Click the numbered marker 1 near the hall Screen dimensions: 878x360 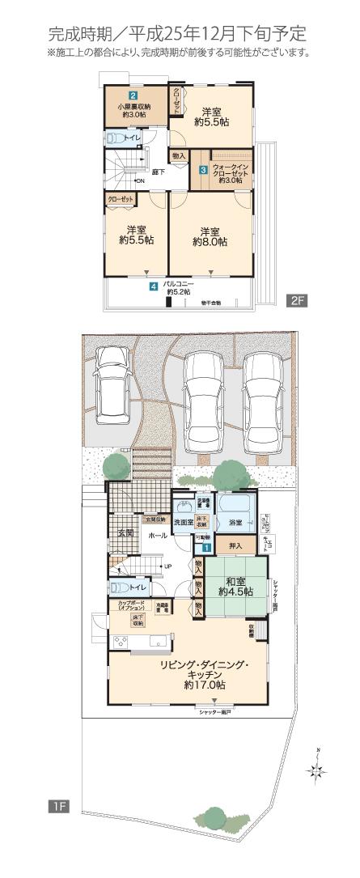coord(207,546)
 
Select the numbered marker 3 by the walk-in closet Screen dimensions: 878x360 coord(204,170)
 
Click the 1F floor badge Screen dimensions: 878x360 coord(57,806)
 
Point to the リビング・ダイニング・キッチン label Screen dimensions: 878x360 coord(204,672)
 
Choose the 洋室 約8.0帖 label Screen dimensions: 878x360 coord(210,235)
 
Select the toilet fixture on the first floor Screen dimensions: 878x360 coord(119,587)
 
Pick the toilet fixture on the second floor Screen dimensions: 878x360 coord(115,138)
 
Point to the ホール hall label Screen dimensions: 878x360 coord(158,535)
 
